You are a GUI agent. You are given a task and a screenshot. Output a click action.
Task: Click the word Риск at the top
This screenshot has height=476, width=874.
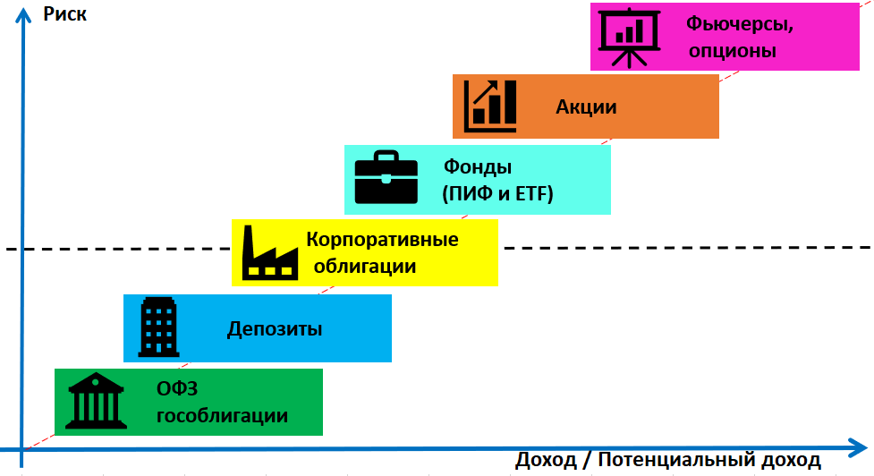[x=64, y=15]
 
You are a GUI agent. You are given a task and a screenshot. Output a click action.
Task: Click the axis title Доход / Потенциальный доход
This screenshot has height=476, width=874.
[x=667, y=461]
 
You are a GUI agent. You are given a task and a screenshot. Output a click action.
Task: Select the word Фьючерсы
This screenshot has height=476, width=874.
[x=740, y=24]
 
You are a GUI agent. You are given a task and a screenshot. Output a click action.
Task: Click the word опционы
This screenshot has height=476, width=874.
[x=732, y=51]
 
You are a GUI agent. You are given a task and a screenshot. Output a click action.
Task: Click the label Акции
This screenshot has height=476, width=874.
[x=586, y=106]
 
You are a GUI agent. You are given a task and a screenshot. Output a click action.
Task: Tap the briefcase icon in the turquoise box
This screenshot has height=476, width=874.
[x=386, y=178]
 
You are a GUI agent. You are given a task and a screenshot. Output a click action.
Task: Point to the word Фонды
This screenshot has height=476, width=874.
[x=478, y=166]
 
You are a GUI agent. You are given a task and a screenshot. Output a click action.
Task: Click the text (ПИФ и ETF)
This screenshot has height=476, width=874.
[x=498, y=194]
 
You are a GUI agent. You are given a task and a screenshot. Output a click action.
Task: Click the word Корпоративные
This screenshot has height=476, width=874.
[x=382, y=240]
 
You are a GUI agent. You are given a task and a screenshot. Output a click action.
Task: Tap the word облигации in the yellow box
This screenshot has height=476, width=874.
[x=364, y=267]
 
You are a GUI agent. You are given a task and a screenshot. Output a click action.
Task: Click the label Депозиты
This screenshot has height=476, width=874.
[x=274, y=329]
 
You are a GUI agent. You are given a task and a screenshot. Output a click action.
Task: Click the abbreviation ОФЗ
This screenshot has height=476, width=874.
[x=176, y=389]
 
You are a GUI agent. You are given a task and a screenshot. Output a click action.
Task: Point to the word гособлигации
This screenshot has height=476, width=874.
[x=223, y=416]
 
